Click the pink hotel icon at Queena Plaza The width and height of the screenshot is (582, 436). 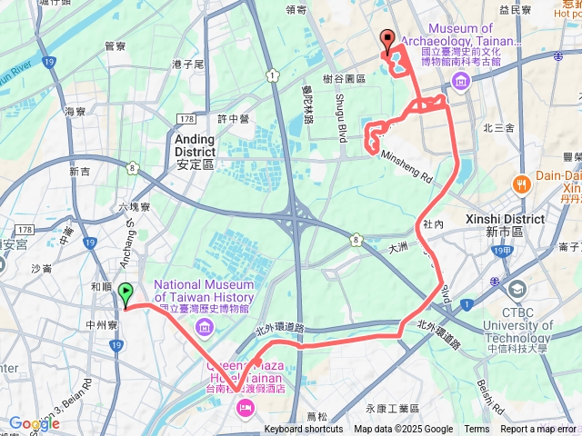[246, 411]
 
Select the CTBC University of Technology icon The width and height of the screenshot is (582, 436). [517, 290]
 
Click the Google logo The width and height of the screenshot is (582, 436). [34, 423]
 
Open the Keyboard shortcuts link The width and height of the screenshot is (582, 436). [304, 430]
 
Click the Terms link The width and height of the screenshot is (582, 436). [477, 430]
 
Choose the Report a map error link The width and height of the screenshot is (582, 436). [539, 430]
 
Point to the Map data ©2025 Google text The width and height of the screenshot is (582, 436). [404, 430]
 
